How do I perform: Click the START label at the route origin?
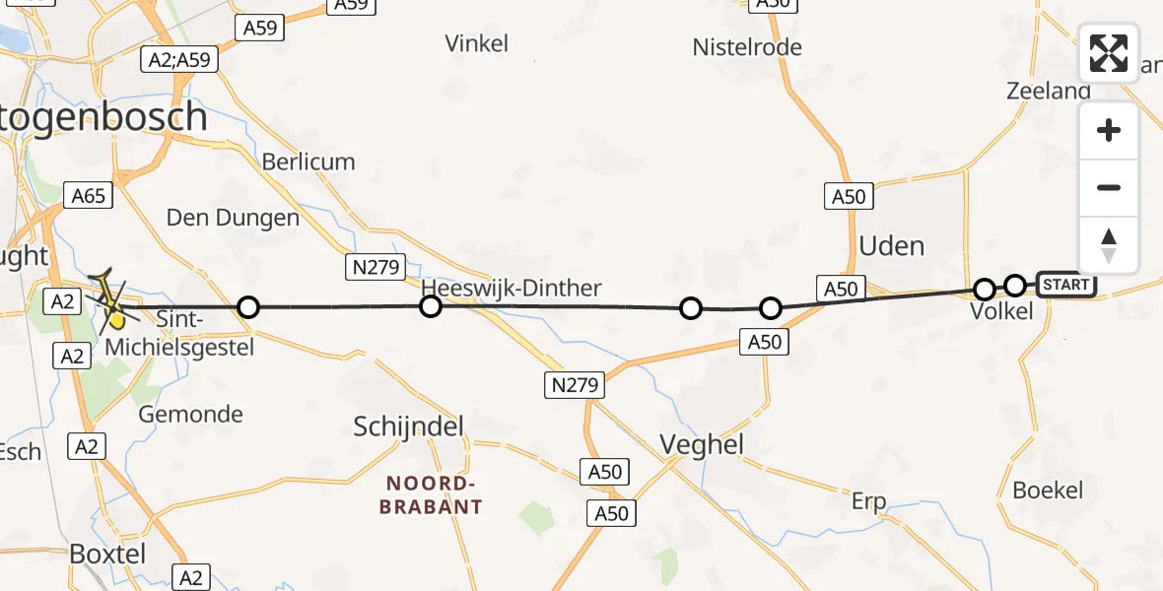click(1065, 285)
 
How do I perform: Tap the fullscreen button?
click(1109, 53)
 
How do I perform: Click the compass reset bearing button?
click(1109, 245)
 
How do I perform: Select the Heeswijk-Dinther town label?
click(511, 288)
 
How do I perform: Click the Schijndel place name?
click(408, 427)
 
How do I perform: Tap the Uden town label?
click(891, 245)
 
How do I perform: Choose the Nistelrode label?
click(747, 47)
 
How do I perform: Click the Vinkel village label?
click(477, 43)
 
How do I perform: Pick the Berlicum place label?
click(308, 162)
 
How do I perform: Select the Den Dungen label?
click(233, 218)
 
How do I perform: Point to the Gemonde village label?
click(190, 414)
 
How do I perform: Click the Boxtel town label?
click(107, 554)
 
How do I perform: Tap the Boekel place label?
click(1048, 490)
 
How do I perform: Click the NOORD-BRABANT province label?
click(434, 494)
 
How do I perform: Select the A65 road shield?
click(88, 196)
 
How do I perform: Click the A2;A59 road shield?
click(178, 60)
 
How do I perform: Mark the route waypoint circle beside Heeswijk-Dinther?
click(431, 306)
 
